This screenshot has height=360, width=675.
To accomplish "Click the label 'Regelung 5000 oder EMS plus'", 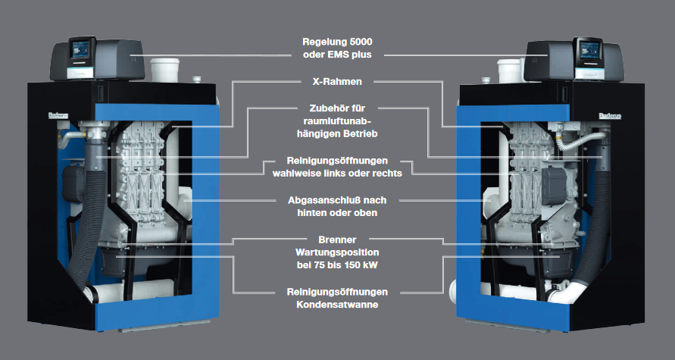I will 339,48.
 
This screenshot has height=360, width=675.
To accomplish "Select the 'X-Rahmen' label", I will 339,81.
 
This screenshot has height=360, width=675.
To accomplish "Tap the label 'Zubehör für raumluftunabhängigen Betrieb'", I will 339,121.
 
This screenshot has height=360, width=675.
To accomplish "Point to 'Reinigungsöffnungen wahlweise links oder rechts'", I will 339,166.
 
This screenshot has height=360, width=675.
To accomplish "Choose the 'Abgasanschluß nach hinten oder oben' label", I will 339,206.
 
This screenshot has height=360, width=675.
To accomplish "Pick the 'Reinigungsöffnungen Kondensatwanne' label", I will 339,297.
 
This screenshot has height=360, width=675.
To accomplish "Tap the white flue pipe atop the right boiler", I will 509,70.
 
